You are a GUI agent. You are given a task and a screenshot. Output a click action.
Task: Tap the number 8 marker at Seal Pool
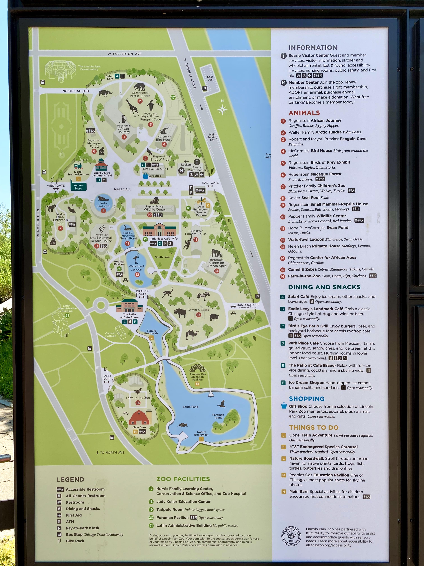click(103, 211)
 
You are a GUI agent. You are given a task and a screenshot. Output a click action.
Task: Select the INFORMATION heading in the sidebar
click(313, 48)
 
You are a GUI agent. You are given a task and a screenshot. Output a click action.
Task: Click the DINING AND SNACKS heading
click(324, 287)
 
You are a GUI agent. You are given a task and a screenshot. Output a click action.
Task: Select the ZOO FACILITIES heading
click(183, 479)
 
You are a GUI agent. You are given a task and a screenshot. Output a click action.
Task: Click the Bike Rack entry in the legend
click(75, 541)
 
